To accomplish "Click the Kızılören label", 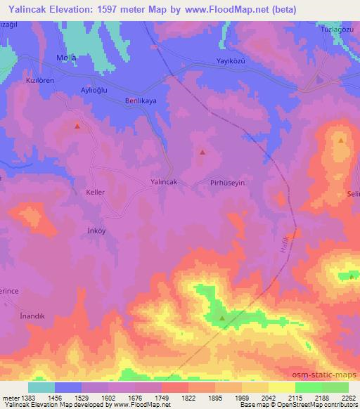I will coord(41,81).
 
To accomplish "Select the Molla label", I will coord(65,57).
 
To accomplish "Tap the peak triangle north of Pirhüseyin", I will coord(202,152).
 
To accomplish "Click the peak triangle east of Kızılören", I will coord(77,126).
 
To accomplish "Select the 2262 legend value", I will coord(349,398).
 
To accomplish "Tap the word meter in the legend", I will coord(11,398).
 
